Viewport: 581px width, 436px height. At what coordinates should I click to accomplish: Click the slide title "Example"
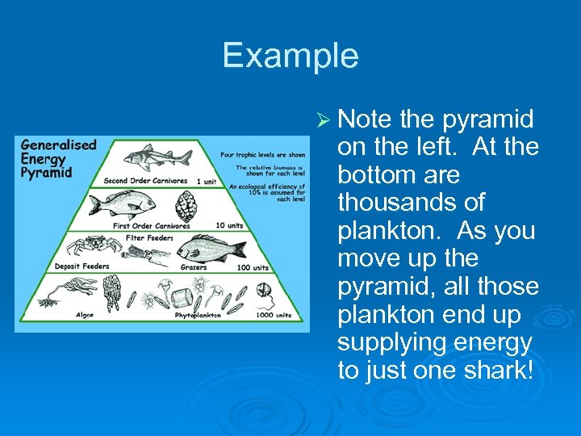[x=290, y=56]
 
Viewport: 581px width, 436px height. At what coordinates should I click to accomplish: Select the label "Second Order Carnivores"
[x=145, y=180]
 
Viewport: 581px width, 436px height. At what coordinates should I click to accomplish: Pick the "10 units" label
[x=230, y=225]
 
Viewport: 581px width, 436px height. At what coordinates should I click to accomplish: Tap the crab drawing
[x=89, y=245]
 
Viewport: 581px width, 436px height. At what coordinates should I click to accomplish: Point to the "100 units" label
[x=250, y=266]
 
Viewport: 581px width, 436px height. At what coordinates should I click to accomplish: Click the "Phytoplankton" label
[x=199, y=315]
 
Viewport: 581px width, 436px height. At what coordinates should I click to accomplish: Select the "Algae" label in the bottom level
[x=84, y=315]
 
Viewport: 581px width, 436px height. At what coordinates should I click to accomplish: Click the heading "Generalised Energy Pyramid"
[x=58, y=159]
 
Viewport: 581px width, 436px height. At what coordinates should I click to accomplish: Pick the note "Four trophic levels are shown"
[x=262, y=154]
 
